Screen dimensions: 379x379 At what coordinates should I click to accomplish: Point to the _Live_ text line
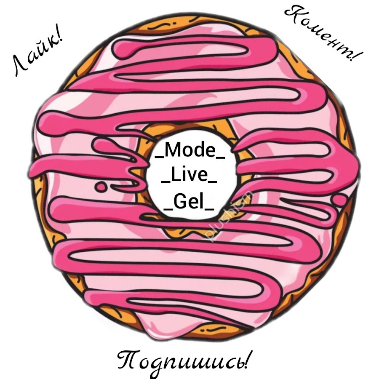point(189,176)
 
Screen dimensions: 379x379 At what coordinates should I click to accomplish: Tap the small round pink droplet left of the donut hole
point(100,185)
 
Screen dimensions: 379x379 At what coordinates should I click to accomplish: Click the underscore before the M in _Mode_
point(160,157)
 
